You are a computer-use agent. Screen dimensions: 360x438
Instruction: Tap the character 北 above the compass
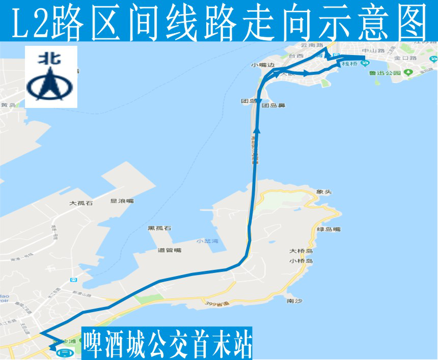[51, 58]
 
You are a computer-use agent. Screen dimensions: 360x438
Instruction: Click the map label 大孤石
[81, 203]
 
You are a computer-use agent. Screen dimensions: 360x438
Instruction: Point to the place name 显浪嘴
[122, 201]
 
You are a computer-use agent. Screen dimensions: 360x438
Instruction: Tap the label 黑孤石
[159, 228]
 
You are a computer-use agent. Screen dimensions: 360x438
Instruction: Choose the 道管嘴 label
[169, 250]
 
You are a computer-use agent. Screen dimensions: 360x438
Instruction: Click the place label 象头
[324, 192]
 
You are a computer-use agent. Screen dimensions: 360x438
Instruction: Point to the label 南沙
[294, 301]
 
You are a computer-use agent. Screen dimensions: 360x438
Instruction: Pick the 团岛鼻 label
[273, 105]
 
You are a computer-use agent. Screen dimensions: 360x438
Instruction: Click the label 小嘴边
[263, 65]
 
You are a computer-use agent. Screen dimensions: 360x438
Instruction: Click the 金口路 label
[405, 58]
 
